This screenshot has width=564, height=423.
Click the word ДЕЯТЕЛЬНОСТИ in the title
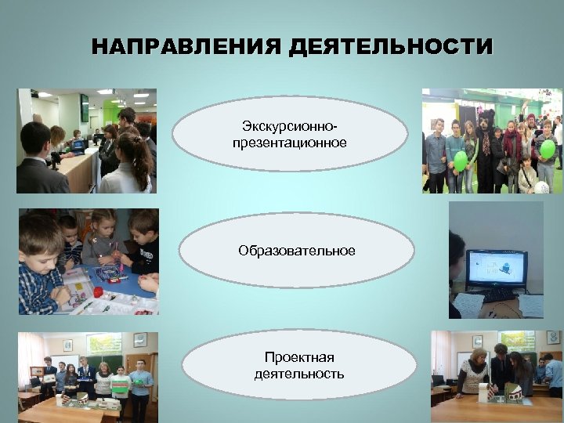391,47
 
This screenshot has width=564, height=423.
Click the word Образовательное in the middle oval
297,251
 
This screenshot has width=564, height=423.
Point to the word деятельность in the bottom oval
298,374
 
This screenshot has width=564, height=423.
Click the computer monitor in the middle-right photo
496,269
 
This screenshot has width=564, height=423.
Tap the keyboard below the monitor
486,295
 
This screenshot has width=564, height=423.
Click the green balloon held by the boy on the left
461,161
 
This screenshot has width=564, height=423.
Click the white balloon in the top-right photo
540,187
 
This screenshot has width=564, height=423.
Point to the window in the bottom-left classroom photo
103,345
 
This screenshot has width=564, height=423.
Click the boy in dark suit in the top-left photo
38,161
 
